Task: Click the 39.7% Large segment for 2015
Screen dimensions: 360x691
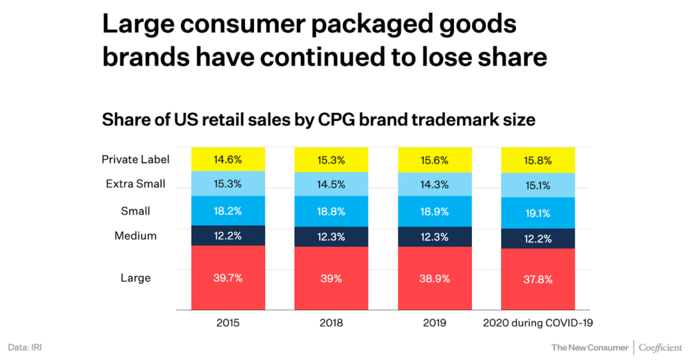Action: (228, 278)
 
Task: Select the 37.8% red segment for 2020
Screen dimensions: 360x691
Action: (538, 280)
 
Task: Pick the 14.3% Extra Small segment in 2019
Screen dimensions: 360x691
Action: (435, 184)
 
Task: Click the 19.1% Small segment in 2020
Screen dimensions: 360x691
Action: (538, 213)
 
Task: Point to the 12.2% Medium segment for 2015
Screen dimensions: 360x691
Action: (228, 236)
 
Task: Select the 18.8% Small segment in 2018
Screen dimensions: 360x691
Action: (331, 212)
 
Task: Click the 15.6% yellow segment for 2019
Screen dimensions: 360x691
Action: (435, 159)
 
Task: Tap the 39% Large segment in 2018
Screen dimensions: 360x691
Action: (331, 279)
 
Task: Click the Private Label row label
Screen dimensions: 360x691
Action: (136, 159)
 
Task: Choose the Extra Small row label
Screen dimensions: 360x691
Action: (136, 184)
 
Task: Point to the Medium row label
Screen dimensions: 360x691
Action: (136, 236)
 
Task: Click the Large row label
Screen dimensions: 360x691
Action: (136, 278)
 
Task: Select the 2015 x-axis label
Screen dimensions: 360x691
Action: (228, 323)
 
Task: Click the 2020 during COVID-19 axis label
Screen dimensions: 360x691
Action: (538, 323)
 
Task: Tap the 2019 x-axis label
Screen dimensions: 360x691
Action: (435, 323)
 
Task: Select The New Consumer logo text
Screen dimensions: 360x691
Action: (590, 347)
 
